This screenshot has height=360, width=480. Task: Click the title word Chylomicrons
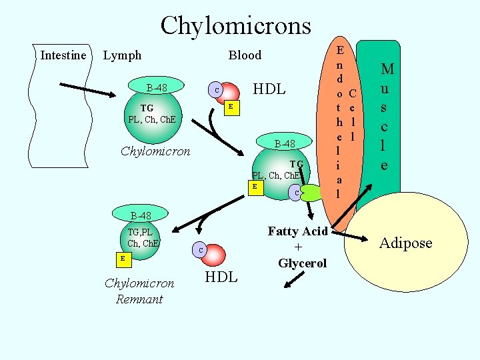[235, 25]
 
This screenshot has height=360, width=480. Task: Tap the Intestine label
[63, 55]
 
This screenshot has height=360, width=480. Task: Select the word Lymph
[122, 55]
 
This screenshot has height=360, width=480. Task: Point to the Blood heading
[245, 55]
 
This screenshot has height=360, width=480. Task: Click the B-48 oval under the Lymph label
[157, 87]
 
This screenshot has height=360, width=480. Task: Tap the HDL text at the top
[269, 89]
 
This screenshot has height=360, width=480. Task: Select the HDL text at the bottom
[221, 277]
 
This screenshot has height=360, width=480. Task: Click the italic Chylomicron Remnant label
[139, 291]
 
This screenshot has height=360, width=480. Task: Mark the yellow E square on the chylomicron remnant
[122, 258]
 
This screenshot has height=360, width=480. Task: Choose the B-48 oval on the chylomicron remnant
[141, 215]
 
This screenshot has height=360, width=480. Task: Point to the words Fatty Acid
[297, 231]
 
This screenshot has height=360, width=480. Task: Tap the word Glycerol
[302, 263]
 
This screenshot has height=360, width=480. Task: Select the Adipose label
[405, 243]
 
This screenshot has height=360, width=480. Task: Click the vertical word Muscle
[387, 116]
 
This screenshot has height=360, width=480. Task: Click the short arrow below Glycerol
[292, 283]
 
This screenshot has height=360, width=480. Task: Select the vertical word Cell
[353, 113]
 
